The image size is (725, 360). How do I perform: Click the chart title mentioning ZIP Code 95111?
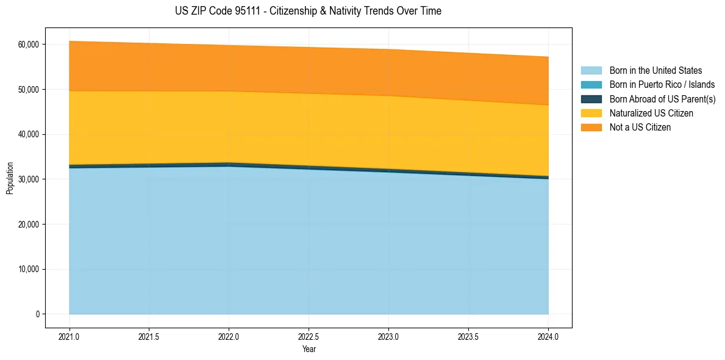[308, 11]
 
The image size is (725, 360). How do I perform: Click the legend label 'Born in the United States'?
[655, 71]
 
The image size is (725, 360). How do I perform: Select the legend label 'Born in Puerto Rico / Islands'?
[662, 85]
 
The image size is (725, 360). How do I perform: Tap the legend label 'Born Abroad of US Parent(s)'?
[662, 99]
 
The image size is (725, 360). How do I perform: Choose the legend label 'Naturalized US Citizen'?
[651, 113]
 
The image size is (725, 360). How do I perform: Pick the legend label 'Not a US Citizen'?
[640, 128]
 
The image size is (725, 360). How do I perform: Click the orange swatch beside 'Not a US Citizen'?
[591, 128]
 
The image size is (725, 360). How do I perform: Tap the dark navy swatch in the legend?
[591, 99]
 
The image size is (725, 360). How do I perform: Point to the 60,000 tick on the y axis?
[28, 45]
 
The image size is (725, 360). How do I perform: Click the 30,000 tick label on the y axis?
[28, 179]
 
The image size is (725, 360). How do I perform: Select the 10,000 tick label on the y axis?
[28, 269]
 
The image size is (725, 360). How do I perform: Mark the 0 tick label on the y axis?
[37, 314]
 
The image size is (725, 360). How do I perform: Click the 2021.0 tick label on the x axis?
[70, 336]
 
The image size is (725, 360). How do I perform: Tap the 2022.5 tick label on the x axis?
[309, 336]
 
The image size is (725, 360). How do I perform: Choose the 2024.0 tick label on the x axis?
[548, 336]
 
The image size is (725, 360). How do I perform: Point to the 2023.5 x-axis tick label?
[468, 336]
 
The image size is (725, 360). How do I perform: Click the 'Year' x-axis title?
[309, 349]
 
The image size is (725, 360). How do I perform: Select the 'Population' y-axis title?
[10, 178]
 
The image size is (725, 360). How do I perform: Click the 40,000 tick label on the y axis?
[28, 134]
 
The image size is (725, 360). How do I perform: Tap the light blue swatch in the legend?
[591, 71]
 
